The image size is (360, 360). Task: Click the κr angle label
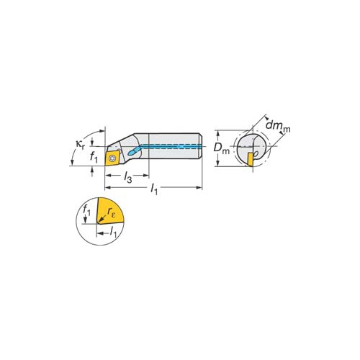[80, 145]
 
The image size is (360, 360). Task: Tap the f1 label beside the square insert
[94, 157]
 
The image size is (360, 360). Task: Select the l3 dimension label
[127, 178]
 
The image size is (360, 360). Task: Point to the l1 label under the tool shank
[154, 189]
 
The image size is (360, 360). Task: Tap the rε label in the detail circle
[112, 212]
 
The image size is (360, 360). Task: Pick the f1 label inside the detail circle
[86, 210]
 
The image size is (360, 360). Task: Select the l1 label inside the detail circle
[113, 232]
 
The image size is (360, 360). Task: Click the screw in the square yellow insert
[111, 158]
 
